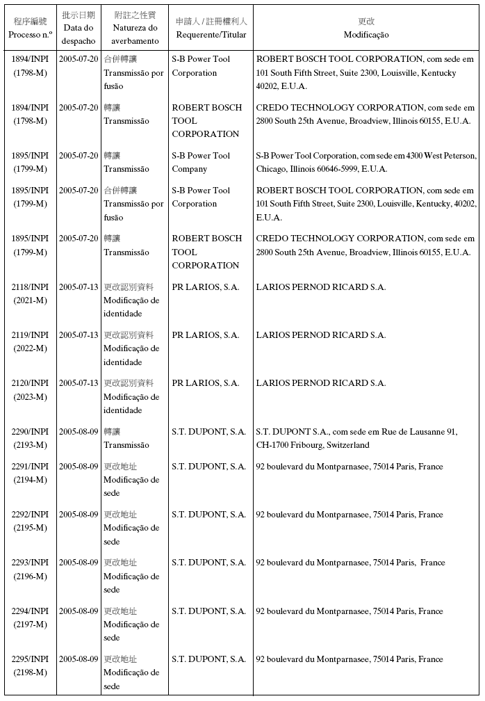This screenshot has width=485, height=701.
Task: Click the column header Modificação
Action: pyautogui.click(x=366, y=35)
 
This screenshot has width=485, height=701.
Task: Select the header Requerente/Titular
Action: pyautogui.click(x=211, y=35)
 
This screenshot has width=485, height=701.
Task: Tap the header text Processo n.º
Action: pyautogui.click(x=30, y=35)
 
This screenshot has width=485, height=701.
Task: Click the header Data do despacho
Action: pyautogui.click(x=79, y=34)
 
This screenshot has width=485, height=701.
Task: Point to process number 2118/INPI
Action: pyautogui.click(x=30, y=287)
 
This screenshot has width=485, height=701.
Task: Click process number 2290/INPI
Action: pyautogui.click(x=30, y=432)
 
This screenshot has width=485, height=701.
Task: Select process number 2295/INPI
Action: pyautogui.click(x=30, y=659)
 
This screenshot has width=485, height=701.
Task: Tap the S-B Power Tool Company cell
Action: pyautogui.click(x=201, y=162)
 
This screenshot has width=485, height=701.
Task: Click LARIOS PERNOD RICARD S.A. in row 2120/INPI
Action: pyautogui.click(x=321, y=383)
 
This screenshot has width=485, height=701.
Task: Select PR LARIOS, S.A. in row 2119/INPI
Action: pyautogui.click(x=206, y=335)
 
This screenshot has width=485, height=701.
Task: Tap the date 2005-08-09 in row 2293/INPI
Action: pyautogui.click(x=79, y=563)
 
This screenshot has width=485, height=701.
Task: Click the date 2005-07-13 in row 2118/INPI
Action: pyautogui.click(x=79, y=287)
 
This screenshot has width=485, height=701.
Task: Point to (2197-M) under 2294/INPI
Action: pyautogui.click(x=30, y=625)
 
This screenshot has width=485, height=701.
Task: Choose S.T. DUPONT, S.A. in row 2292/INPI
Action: pyautogui.click(x=209, y=515)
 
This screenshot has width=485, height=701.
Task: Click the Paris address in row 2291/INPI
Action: pyautogui.click(x=350, y=467)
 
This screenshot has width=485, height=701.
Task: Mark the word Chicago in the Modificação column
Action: pyautogui.click(x=272, y=169)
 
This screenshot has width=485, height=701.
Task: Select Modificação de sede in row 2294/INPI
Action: pyautogui.click(x=131, y=631)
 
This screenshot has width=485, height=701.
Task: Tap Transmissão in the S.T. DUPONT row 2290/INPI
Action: pyautogui.click(x=126, y=445)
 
